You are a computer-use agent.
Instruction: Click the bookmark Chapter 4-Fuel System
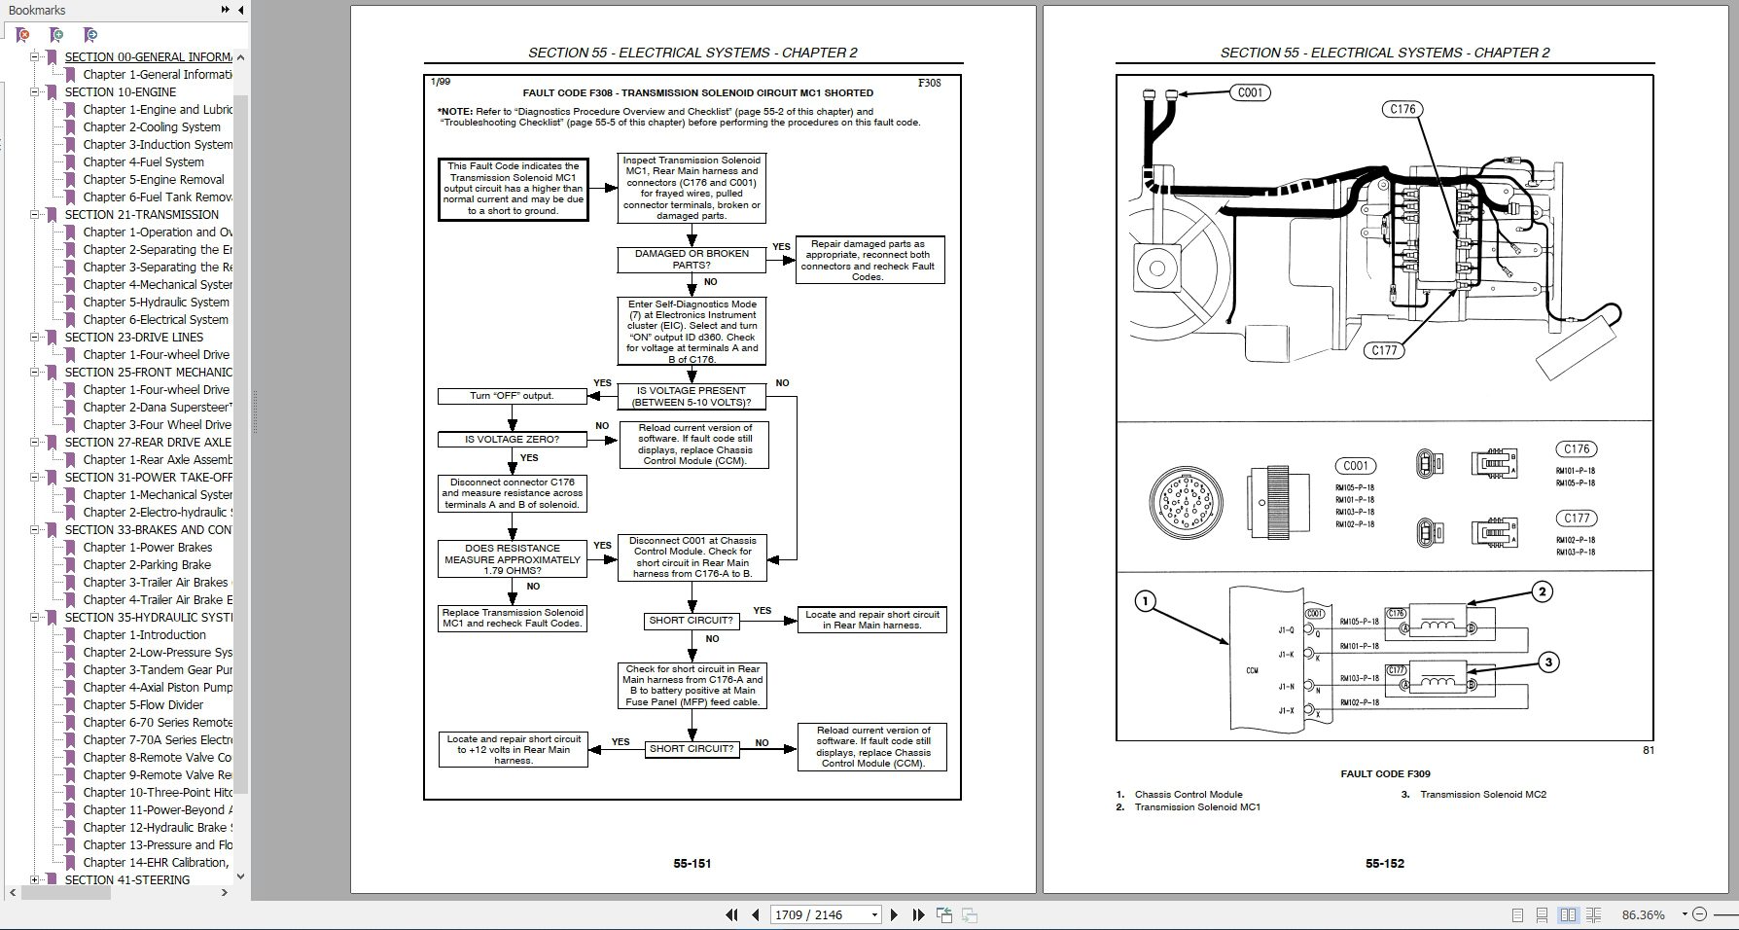pos(143,162)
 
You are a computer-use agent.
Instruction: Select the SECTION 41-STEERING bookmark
pos(126,879)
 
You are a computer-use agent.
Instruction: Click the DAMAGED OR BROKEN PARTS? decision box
pos(692,260)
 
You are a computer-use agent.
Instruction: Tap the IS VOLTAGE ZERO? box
pos(512,440)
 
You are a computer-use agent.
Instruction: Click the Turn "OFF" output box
pos(512,396)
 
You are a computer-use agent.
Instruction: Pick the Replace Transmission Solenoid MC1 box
pos(513,619)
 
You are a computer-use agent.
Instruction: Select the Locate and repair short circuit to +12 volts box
pos(513,750)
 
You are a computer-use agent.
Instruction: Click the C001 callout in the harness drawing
pos(1250,93)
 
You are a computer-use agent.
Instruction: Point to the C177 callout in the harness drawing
pos(1384,351)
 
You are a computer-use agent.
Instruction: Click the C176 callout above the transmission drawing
pos(1402,110)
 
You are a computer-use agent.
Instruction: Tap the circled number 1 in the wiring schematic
pos(1146,601)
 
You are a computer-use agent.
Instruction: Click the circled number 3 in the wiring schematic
pos(1548,662)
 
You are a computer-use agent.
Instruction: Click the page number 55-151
pos(692,863)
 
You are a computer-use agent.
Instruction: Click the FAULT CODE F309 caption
pos(1385,774)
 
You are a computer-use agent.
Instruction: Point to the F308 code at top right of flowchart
pos(929,84)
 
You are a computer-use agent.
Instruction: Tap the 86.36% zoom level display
pos(1643,914)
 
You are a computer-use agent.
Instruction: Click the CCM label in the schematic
pos(1252,670)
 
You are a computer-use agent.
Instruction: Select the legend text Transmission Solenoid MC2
pos(1482,795)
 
